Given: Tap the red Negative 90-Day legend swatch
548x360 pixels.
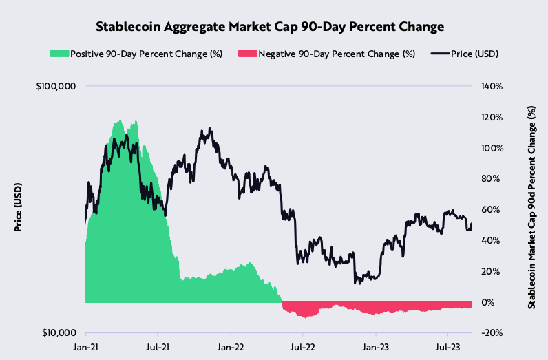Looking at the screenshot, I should point(246,54).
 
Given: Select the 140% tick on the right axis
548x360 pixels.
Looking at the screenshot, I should point(493,86).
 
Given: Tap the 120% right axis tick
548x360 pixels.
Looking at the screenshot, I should point(493,117).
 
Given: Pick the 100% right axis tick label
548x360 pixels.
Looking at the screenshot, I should point(493,148).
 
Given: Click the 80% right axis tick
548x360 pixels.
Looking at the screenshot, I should point(491,179).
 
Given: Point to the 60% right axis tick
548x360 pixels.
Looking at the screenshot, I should point(491,210).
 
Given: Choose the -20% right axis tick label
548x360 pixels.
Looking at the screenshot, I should point(492,333).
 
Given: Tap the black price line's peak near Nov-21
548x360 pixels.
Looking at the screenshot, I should point(210,128).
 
